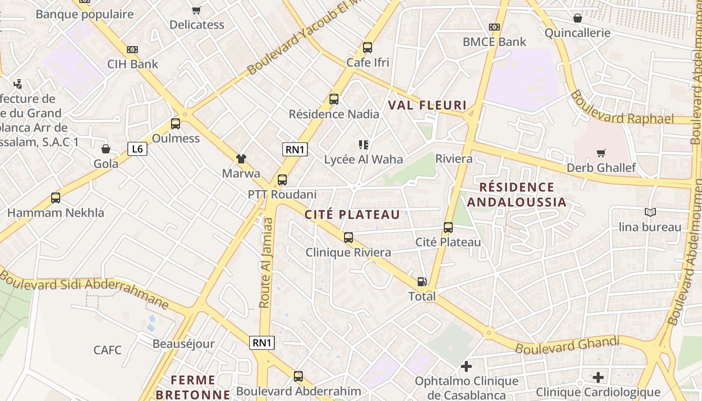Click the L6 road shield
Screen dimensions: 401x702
[x=137, y=149]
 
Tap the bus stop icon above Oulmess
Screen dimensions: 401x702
[x=175, y=123]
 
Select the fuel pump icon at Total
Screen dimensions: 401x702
[x=422, y=282]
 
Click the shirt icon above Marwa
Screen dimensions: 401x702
[x=241, y=159]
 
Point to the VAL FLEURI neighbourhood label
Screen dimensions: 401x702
[x=428, y=106]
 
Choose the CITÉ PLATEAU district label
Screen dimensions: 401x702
[x=353, y=215]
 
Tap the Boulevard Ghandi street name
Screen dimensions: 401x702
[x=567, y=345]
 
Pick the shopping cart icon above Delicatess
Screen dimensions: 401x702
[x=197, y=10]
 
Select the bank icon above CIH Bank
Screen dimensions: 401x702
[x=132, y=50]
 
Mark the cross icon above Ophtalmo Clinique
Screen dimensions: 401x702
[x=466, y=366]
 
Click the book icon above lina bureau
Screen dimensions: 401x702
[x=650, y=213]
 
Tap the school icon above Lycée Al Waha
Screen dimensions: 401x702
[x=364, y=145]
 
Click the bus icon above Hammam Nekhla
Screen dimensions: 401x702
[x=56, y=198]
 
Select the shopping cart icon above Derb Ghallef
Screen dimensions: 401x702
[x=601, y=153]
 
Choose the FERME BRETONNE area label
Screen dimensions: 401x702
[x=193, y=387]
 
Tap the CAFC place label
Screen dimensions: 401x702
[x=107, y=349]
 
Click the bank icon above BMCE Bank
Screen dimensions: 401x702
[x=494, y=27]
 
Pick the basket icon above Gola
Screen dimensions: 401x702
[x=106, y=149]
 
